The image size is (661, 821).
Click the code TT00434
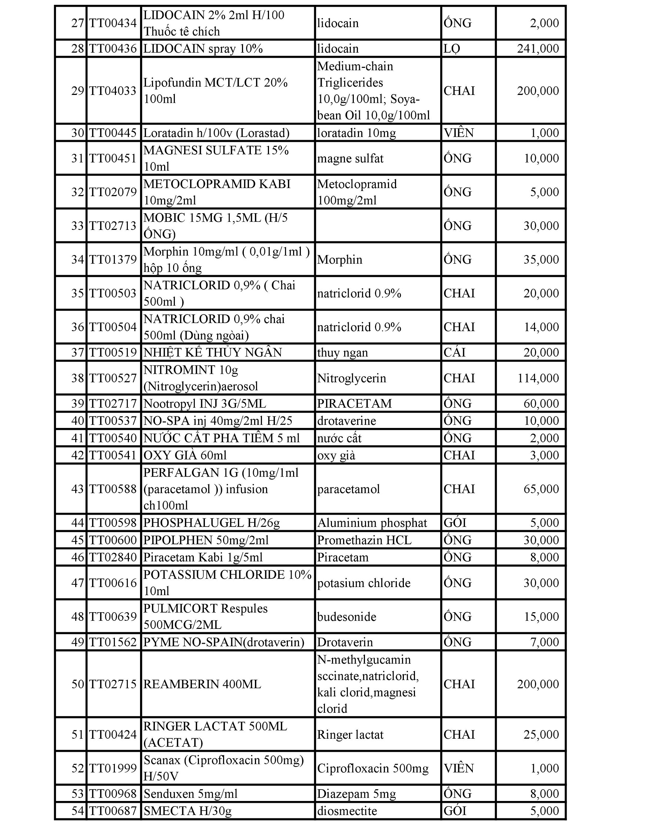pyautogui.click(x=113, y=23)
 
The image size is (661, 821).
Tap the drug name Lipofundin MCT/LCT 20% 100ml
pyautogui.click(x=215, y=91)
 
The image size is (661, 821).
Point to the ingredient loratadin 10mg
pyautogui.click(x=356, y=133)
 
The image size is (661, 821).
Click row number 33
pyautogui.click(x=77, y=226)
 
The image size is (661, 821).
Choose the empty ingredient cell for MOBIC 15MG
pyautogui.click(x=378, y=226)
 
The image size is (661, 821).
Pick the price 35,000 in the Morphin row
pyautogui.click(x=541, y=260)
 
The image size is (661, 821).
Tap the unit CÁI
pyautogui.click(x=455, y=352)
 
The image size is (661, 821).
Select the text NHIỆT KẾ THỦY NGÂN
pyautogui.click(x=212, y=352)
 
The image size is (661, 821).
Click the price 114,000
pyautogui.click(x=538, y=378)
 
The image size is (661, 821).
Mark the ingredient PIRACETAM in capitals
pyautogui.click(x=354, y=404)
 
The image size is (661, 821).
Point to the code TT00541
pyautogui.click(x=113, y=455)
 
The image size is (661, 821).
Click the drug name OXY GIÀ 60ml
pyautogui.click(x=185, y=455)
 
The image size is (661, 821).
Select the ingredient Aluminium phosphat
pyautogui.click(x=372, y=523)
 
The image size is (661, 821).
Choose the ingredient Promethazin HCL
pyautogui.click(x=364, y=540)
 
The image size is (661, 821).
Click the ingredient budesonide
pyautogui.click(x=346, y=617)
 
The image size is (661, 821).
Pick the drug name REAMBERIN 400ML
pyautogui.click(x=202, y=684)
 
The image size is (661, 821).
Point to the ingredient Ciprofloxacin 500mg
pyautogui.click(x=373, y=768)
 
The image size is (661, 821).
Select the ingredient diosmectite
pyautogui.click(x=347, y=811)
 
